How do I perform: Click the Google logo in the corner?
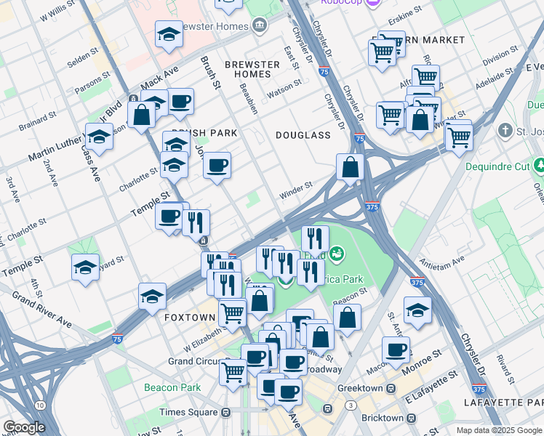click(24, 427)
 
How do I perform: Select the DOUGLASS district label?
click(303, 135)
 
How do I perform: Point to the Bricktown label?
click(381, 418)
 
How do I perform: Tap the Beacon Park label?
click(172, 387)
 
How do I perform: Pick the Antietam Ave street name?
click(441, 261)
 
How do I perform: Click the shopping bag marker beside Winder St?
click(351, 167)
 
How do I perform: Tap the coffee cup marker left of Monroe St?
click(396, 350)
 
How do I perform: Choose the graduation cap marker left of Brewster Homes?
click(169, 35)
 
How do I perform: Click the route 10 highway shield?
click(40, 405)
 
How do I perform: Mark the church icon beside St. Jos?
click(505, 132)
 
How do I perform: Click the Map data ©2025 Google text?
click(498, 429)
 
